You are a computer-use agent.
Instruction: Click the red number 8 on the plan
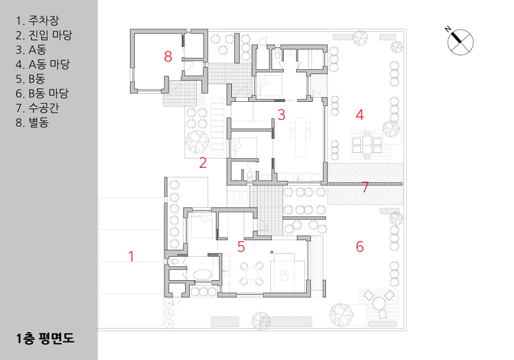coord(168,57)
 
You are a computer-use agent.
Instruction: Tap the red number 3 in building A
coord(281,115)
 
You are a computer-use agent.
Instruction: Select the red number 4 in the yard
coord(360,115)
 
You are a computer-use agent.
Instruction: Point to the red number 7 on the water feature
coord(365,187)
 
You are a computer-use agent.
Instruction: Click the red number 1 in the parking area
coord(132,257)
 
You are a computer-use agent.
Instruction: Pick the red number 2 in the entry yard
coord(203,163)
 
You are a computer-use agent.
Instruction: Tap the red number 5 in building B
coord(241,247)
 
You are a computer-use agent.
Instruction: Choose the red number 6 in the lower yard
coord(360,246)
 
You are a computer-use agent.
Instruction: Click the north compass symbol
coord(460,42)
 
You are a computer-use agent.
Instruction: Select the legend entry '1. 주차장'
coord(38,21)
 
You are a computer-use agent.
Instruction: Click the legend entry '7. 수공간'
coord(38,108)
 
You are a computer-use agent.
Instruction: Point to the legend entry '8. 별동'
coord(32,122)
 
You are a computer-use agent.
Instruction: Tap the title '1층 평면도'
coord(45,338)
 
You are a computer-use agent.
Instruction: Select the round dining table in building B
coord(251,274)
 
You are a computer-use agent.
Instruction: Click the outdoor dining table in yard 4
coord(367,145)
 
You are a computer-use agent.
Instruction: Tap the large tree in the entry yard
coord(197,141)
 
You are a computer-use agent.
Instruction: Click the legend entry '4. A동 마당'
coord(43,64)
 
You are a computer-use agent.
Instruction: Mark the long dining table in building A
coord(301,137)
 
